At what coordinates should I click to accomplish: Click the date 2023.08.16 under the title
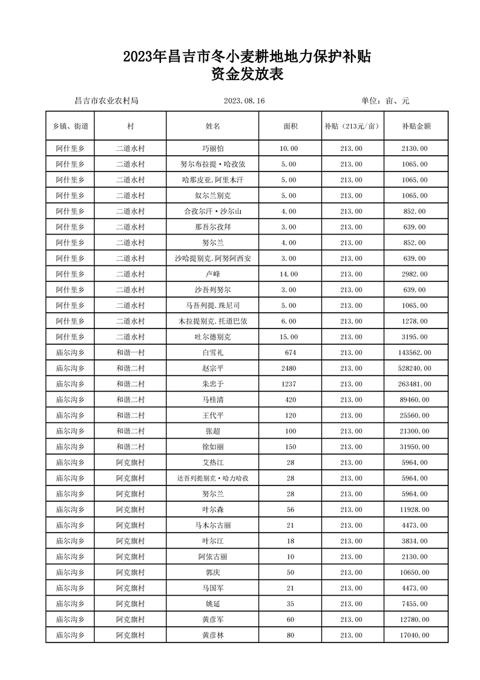tap(245, 101)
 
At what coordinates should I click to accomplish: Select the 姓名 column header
tap(212, 127)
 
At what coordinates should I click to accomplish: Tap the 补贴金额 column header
tap(416, 127)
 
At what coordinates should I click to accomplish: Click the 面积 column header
tap(290, 127)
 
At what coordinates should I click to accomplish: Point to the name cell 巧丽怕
tap(212, 148)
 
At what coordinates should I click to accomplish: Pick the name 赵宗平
tap(212, 368)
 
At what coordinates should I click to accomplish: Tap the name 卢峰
tap(212, 274)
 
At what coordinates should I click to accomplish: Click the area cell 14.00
tap(289, 274)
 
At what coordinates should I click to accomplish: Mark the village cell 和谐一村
tap(131, 352)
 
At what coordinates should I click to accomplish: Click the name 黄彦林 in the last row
tap(212, 635)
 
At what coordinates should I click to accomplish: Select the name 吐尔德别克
tap(212, 336)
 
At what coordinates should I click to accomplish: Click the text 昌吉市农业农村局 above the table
tap(106, 101)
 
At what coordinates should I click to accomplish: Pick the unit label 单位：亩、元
tap(386, 101)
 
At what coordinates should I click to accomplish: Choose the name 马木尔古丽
tap(212, 525)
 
